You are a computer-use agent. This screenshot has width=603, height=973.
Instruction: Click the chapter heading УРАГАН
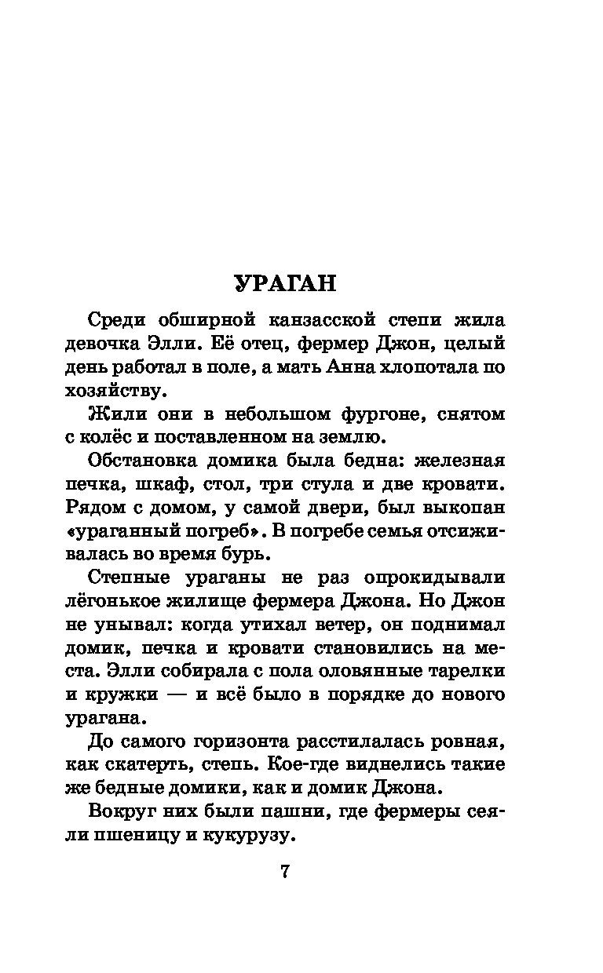pos(285,283)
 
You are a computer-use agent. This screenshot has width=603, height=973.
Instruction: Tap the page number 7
pos(285,871)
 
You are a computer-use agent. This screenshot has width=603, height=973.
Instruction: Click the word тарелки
pos(463,671)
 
